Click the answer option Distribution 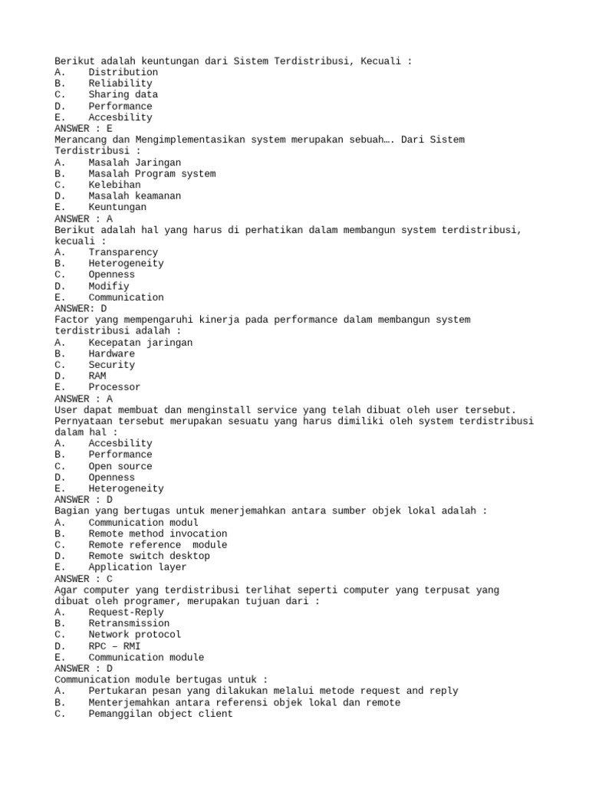[123, 72]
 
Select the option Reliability [120, 84]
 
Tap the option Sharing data [123, 95]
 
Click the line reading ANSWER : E [84, 129]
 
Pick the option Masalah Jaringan [134, 163]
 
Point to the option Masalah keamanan [134, 196]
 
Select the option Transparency [123, 252]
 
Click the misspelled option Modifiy [108, 286]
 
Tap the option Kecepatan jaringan [140, 343]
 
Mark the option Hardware [111, 353]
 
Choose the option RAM [97, 376]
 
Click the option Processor [114, 387]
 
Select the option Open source [120, 466]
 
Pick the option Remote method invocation [157, 534]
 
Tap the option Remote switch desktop [149, 556]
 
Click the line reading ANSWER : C [84, 579]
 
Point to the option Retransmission [129, 623]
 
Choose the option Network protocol [134, 635]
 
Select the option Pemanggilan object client [160, 714]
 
